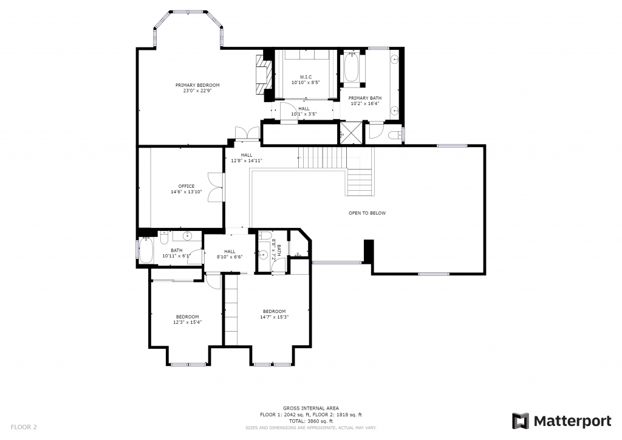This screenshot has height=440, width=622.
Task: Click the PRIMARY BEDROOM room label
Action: [197, 85]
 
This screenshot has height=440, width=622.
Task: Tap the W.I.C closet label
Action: [306, 77]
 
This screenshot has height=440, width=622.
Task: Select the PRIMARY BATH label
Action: [365, 98]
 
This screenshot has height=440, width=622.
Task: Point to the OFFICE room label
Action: [186, 186]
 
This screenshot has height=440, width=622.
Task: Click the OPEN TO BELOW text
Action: [367, 213]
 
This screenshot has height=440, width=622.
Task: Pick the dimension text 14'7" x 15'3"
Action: [274, 317]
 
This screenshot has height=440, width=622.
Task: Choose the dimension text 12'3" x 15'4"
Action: [187, 322]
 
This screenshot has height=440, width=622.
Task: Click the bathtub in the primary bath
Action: [352, 67]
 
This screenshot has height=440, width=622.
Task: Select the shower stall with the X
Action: [351, 133]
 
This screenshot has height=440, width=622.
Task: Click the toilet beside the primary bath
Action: [395, 135]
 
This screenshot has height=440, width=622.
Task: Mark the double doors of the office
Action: [216, 187]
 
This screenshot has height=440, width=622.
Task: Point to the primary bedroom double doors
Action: [248, 133]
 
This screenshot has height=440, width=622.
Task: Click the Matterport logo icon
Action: [520, 421]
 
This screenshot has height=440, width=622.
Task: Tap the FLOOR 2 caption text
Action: [24, 427]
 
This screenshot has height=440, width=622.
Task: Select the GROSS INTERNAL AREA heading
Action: [311, 408]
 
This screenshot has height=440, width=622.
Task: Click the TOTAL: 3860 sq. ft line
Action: [311, 421]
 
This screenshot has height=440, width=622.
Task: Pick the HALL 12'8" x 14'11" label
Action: [247, 158]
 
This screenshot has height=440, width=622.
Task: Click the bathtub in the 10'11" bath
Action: [146, 250]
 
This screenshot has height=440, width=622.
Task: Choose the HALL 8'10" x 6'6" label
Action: [230, 254]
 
